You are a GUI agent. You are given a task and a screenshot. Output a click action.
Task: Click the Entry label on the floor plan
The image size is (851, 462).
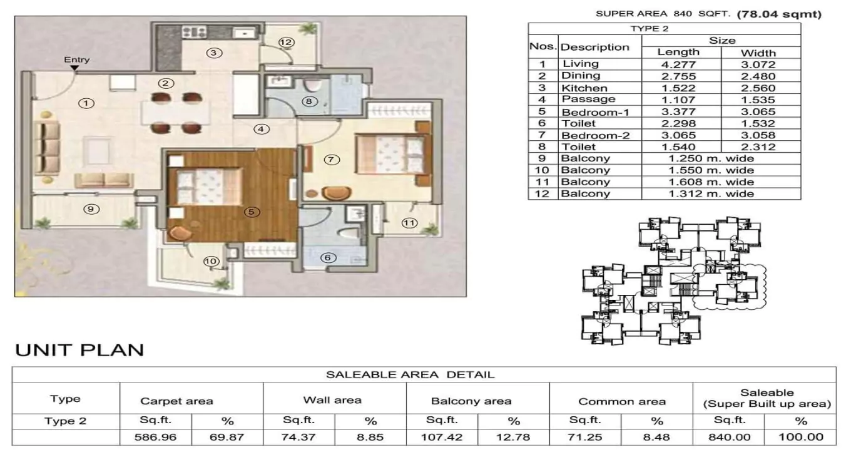click(x=77, y=60)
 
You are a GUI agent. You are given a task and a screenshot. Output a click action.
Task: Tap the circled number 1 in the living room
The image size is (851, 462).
click(x=87, y=103)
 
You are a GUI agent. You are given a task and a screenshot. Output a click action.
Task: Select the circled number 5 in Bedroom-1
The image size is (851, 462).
click(x=251, y=212)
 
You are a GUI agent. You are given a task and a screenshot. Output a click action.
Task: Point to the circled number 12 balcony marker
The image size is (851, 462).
click(x=286, y=43)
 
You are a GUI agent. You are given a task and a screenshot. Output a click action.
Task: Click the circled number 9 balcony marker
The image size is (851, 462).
click(x=92, y=209)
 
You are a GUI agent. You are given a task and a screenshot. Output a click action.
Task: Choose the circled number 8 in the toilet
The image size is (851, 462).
click(x=309, y=101)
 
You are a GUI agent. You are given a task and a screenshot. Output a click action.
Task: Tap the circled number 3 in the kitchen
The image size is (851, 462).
click(x=215, y=53)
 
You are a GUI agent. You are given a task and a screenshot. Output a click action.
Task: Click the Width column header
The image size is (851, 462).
click(x=758, y=53)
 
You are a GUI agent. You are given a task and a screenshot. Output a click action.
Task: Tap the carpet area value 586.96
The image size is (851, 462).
click(x=155, y=437)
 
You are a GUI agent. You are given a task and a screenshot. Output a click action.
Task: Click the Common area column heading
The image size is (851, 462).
click(x=621, y=401)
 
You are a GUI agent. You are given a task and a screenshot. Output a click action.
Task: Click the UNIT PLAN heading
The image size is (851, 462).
click(x=79, y=350)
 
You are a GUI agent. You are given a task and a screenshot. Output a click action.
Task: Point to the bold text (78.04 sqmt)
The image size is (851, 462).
click(x=779, y=14)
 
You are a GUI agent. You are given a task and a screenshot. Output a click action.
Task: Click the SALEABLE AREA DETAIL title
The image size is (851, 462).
click(x=410, y=375)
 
